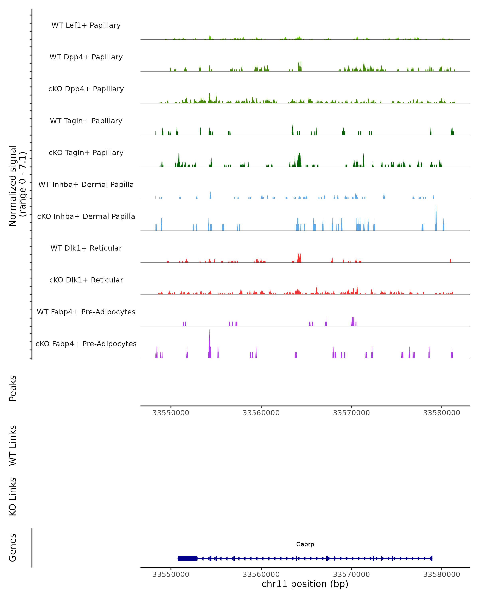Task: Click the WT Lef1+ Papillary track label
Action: click(86, 25)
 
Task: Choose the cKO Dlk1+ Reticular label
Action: click(86, 280)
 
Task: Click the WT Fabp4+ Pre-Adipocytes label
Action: click(86, 312)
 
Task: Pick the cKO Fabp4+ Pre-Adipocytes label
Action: click(86, 344)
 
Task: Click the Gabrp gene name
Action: click(305, 544)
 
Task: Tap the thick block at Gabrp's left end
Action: click(187, 558)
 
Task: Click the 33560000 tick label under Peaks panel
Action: click(261, 413)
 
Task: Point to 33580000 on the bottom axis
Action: click(441, 574)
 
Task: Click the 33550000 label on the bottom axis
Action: click(171, 574)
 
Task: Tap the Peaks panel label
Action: click(13, 388)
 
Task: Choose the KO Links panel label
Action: click(13, 497)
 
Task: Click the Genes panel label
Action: click(13, 548)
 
